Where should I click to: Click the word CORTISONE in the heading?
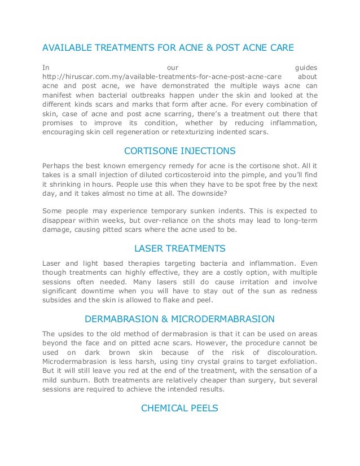click(148, 152)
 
